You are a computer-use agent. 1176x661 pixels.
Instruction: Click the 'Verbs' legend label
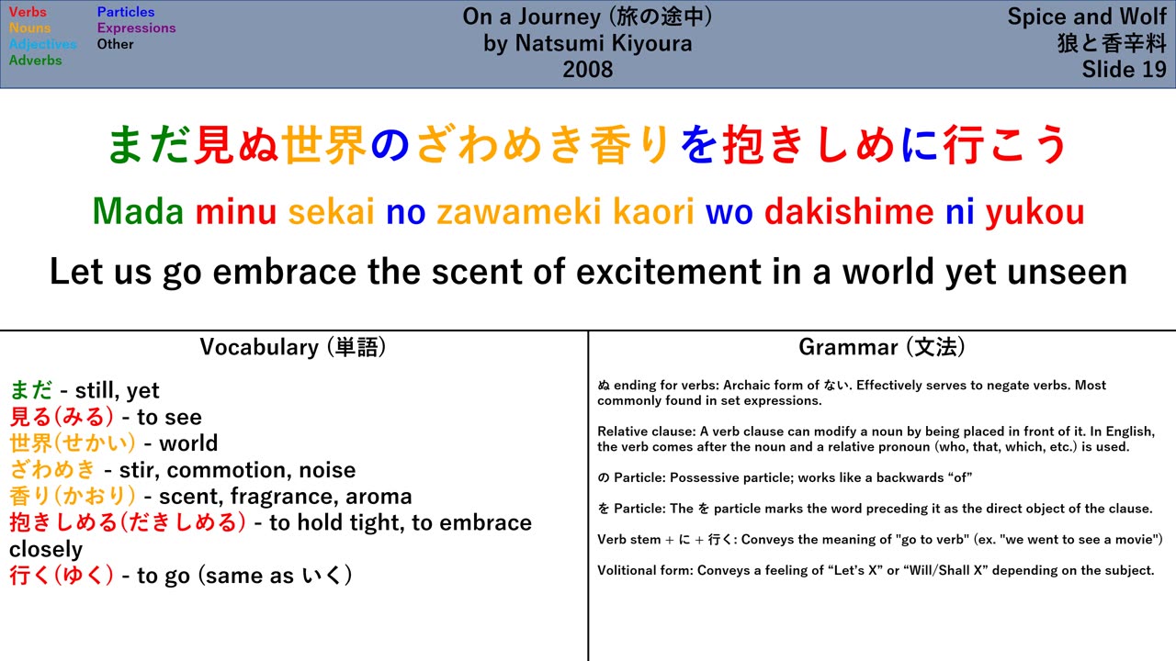tap(28, 12)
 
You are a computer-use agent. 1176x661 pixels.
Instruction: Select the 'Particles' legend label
tap(126, 12)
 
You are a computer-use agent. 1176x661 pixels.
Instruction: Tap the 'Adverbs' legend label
tap(35, 61)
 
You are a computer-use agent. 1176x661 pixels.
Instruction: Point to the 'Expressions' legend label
tap(137, 28)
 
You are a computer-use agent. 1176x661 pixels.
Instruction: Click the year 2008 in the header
tap(588, 69)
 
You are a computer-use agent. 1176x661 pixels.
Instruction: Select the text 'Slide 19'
tap(1124, 69)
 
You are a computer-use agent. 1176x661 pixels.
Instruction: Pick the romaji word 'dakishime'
tap(849, 211)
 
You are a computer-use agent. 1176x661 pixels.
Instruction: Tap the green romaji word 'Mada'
tap(138, 211)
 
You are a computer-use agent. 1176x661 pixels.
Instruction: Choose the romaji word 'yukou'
tap(1035, 212)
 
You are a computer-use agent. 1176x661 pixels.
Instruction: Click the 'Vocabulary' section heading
tap(259, 347)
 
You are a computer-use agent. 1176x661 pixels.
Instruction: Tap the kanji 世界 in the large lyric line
tap(324, 144)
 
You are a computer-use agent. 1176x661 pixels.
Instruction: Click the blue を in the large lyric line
tap(700, 144)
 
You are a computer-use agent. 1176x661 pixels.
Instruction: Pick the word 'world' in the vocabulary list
tap(188, 443)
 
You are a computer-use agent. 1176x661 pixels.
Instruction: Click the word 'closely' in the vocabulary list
tap(46, 550)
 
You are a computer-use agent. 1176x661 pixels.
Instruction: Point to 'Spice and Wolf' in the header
tap(1087, 17)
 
